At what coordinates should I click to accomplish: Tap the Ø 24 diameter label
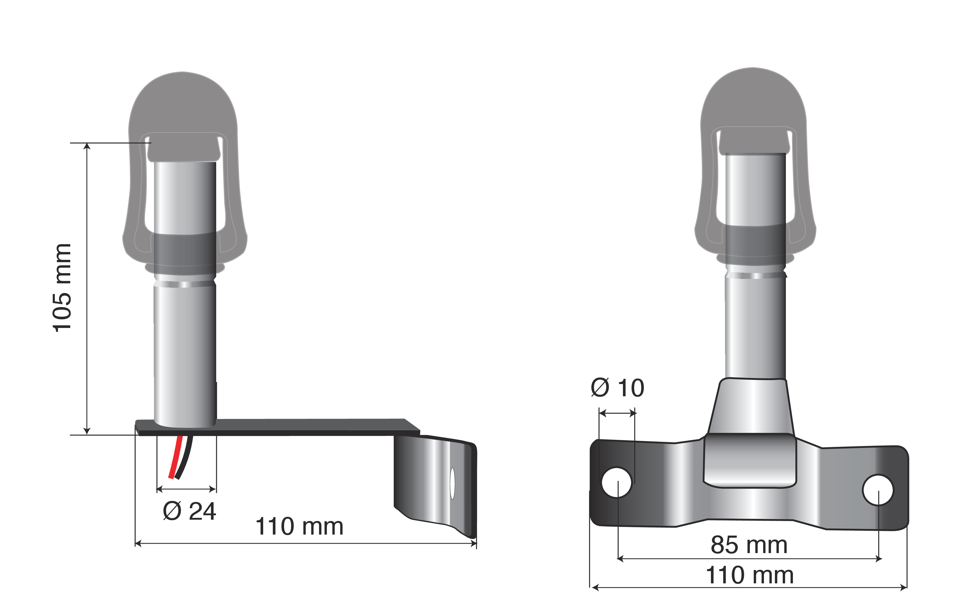(189, 511)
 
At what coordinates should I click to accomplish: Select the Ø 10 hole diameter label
(618, 388)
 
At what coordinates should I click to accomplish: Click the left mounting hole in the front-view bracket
(616, 482)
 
